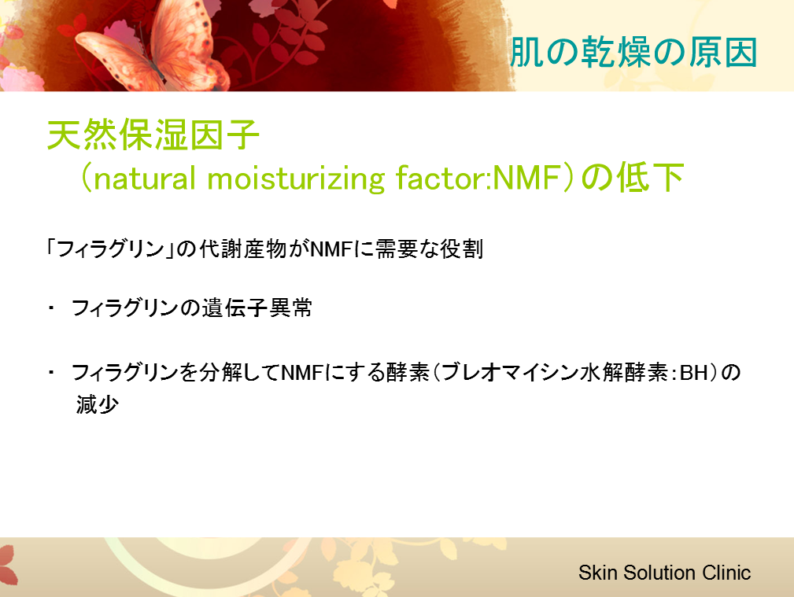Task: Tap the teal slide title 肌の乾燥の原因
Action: pyautogui.click(x=633, y=53)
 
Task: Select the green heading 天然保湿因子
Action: pyautogui.click(x=153, y=135)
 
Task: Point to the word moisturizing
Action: pyautogui.click(x=296, y=179)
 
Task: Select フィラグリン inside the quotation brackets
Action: pyautogui.click(x=111, y=249)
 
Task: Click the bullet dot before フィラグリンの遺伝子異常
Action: pyautogui.click(x=51, y=308)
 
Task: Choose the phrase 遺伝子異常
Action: pyautogui.click(x=257, y=308)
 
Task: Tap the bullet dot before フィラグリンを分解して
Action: pyautogui.click(x=51, y=372)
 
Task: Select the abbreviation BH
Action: pyautogui.click(x=694, y=373)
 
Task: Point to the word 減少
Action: pyautogui.click(x=98, y=404)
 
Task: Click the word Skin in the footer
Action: pyautogui.click(x=598, y=573)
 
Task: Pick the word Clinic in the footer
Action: pyautogui.click(x=726, y=573)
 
